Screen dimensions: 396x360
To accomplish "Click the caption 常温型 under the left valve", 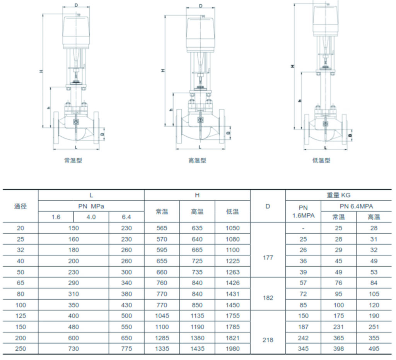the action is pos(73,160).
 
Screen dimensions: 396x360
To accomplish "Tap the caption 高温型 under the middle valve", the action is pos(197,160).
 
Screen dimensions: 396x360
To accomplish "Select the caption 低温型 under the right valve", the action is pos(321,160).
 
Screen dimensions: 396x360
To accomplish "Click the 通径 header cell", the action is pos(20,206).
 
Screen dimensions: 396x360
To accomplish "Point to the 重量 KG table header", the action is pos(338,195).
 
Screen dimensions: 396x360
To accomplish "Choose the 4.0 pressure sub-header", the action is pos(91,217).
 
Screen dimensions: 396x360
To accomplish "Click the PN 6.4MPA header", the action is pos(356,206).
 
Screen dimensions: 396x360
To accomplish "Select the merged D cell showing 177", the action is pos(268,257).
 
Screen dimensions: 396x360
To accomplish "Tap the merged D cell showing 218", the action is pos(268,340).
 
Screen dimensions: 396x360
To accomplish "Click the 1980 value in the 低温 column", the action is pos(232,349).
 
